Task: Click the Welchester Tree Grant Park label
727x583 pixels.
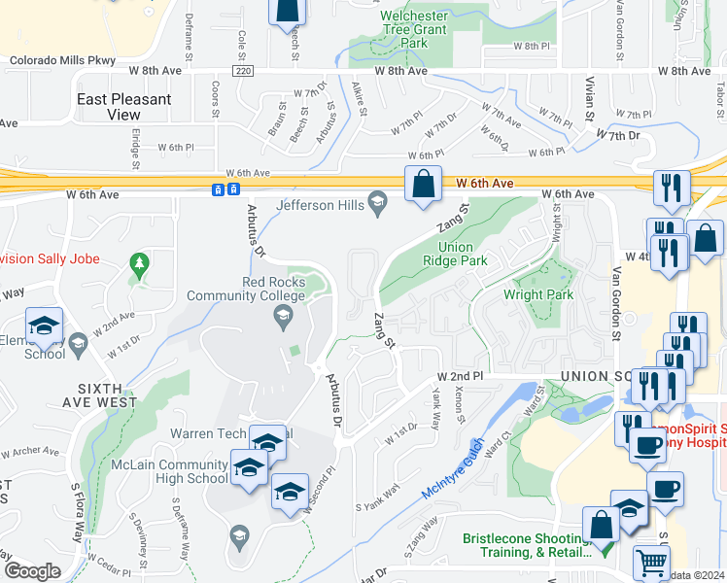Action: click(x=414, y=29)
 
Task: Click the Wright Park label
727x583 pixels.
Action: click(x=537, y=294)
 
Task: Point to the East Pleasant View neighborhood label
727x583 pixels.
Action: click(x=124, y=107)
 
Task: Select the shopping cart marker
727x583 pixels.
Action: click(x=651, y=563)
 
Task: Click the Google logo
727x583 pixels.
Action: click(x=32, y=571)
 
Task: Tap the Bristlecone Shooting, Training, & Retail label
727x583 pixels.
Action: click(x=526, y=545)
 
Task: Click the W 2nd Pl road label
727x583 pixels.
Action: click(x=460, y=375)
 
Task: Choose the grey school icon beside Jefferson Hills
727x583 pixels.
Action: click(x=378, y=203)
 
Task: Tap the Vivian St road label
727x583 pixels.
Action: click(x=588, y=99)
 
